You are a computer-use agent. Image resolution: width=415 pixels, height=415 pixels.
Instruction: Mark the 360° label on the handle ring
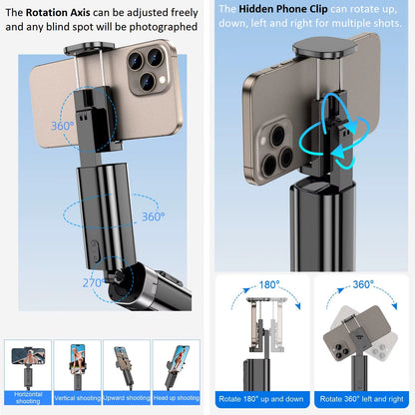coord(154,215)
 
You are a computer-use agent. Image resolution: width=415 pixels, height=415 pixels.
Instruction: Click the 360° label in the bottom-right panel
coord(363,284)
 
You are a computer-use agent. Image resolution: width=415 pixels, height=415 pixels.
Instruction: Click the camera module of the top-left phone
coord(143,72)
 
